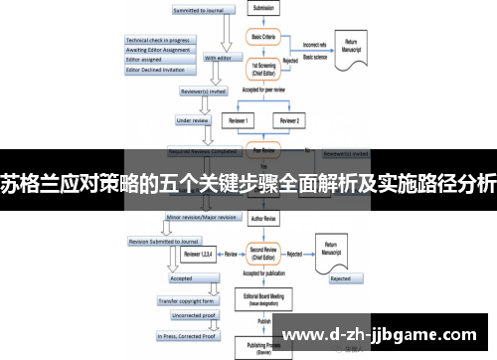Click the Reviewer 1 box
coord(240,120)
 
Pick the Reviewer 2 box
coord(289,120)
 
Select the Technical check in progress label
coord(159,40)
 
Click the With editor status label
coord(218,58)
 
